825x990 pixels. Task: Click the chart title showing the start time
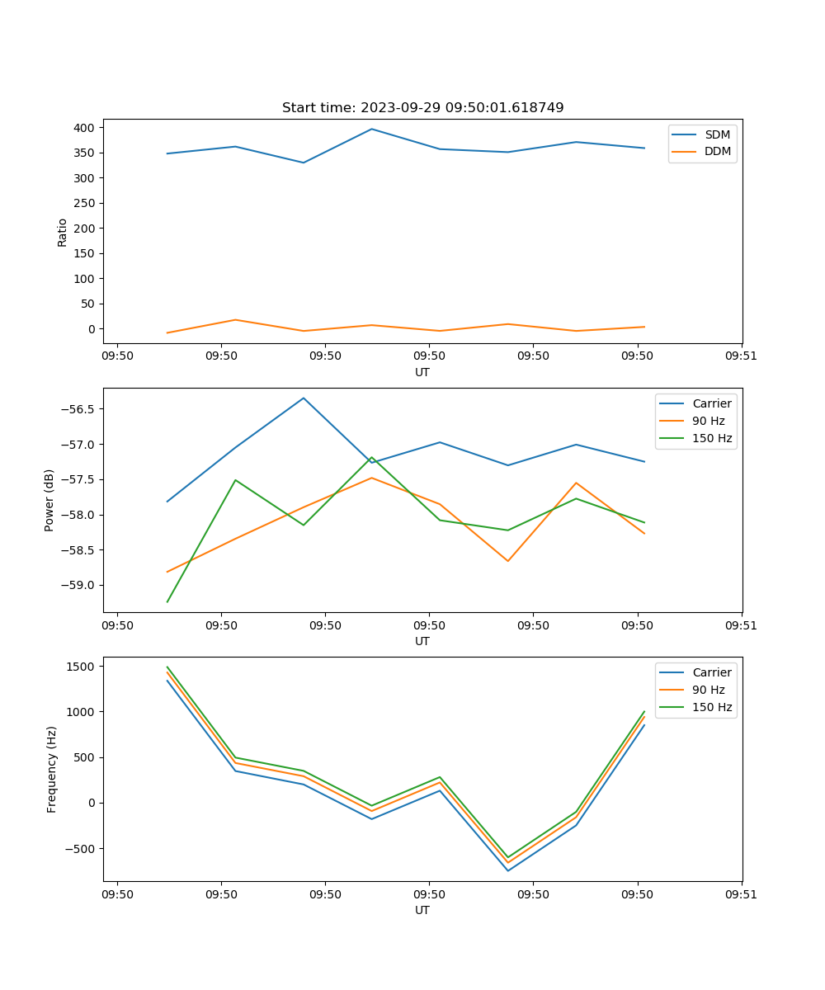point(422,107)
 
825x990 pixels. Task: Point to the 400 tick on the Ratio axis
point(83,128)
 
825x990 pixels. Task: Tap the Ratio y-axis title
point(63,232)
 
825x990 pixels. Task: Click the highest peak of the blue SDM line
point(371,129)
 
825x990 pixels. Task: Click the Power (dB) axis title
point(49,500)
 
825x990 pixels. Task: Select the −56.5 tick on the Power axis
point(79,409)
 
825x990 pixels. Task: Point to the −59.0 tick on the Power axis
point(79,586)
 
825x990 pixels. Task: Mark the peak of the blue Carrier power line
point(304,398)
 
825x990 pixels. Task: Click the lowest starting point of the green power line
point(167,601)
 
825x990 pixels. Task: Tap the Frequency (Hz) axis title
point(51,769)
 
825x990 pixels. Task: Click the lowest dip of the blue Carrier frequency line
point(507,870)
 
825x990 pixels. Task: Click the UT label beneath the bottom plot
point(422,910)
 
